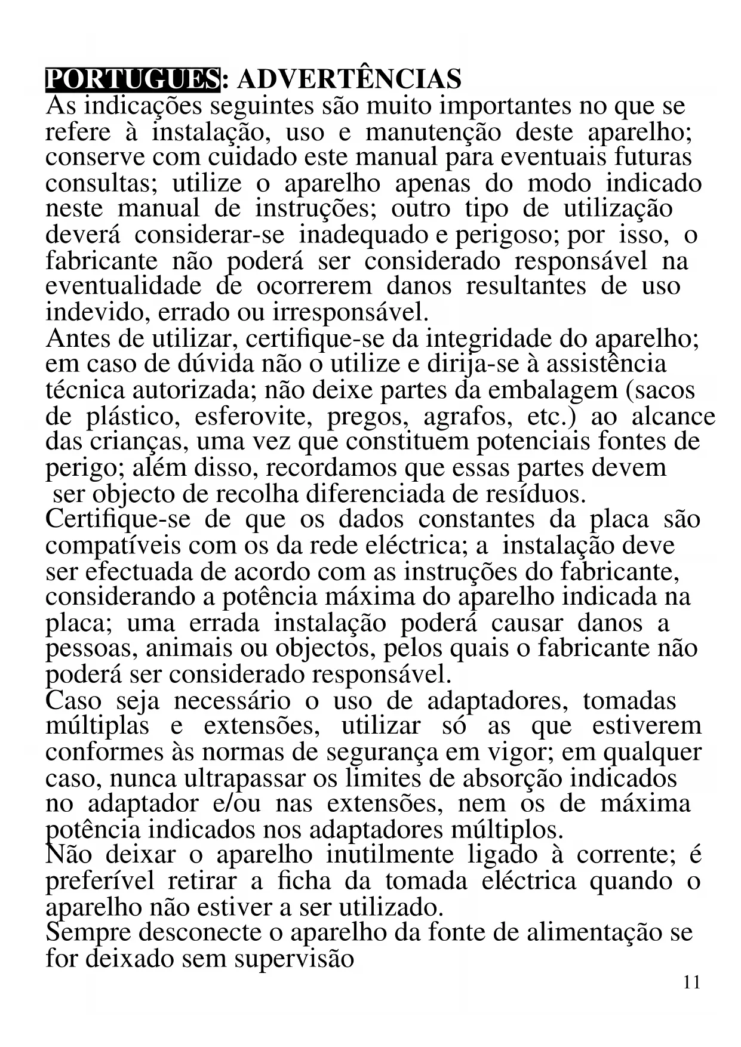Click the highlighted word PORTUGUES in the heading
pyautogui.click(x=133, y=79)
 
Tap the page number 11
pyautogui.click(x=691, y=982)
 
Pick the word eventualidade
pyautogui.click(x=124, y=286)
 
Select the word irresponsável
pyautogui.click(x=350, y=312)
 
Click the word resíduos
pyautogui.click(x=537, y=494)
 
